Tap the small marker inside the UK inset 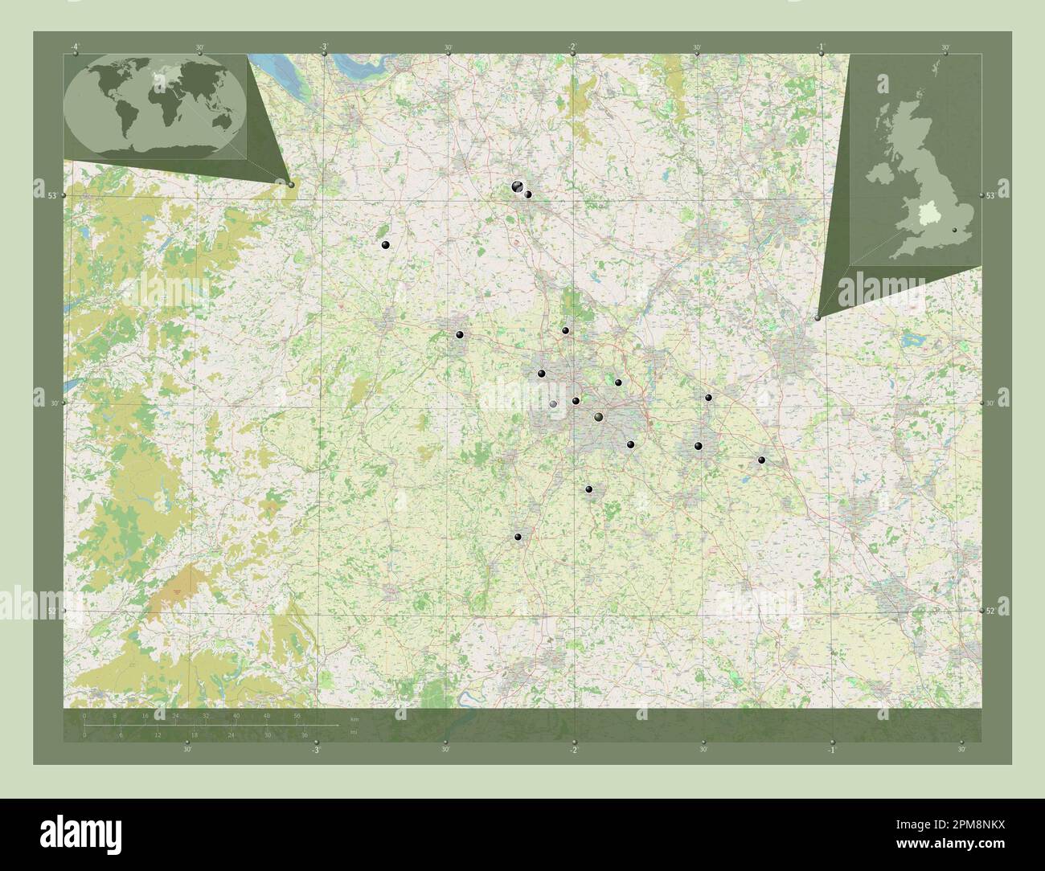[x=954, y=231]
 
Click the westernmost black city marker [x=386, y=245]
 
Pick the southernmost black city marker [x=518, y=537]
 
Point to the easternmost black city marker [x=761, y=460]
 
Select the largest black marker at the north [x=517, y=186]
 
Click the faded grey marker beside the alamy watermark [x=553, y=404]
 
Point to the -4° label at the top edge [x=75, y=47]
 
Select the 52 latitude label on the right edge [x=991, y=611]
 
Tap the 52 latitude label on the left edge [x=51, y=611]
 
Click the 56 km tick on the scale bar [x=297, y=716]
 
